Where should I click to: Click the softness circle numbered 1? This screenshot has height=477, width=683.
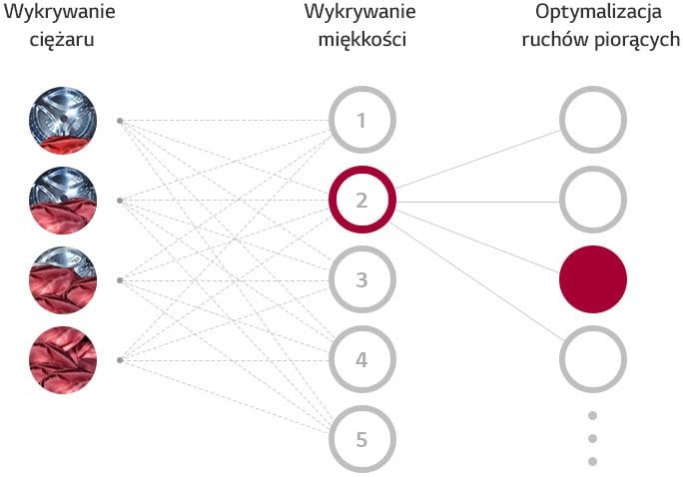[x=332, y=120]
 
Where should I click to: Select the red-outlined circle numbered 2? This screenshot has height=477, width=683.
[x=332, y=200]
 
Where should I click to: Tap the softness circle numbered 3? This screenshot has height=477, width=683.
[x=332, y=279]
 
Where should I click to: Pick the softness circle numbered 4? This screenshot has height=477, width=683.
[x=332, y=360]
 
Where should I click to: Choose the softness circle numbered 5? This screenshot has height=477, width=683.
[x=332, y=439]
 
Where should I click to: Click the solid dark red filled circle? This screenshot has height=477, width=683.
[x=593, y=279]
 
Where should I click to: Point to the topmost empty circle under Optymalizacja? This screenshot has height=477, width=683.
[x=562, y=120]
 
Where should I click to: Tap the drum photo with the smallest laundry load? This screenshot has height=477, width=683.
[x=63, y=121]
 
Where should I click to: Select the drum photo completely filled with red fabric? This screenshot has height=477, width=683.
[x=63, y=360]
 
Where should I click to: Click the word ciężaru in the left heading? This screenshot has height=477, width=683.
[x=62, y=40]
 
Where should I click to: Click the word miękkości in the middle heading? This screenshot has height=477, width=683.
[x=362, y=39]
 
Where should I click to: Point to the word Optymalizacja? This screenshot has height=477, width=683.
[x=598, y=13]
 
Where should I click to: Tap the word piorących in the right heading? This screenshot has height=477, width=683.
[x=636, y=40]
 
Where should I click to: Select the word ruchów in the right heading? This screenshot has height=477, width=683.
[x=553, y=39]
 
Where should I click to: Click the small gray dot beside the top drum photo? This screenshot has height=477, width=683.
[x=120, y=121]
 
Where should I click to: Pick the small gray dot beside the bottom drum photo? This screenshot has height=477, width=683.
[x=120, y=360]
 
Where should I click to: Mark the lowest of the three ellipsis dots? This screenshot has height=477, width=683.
[x=592, y=461]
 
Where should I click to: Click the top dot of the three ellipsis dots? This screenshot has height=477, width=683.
[x=592, y=416]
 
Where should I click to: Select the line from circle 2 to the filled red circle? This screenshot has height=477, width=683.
[x=478, y=241]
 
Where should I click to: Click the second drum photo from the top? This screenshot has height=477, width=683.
[x=63, y=201]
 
